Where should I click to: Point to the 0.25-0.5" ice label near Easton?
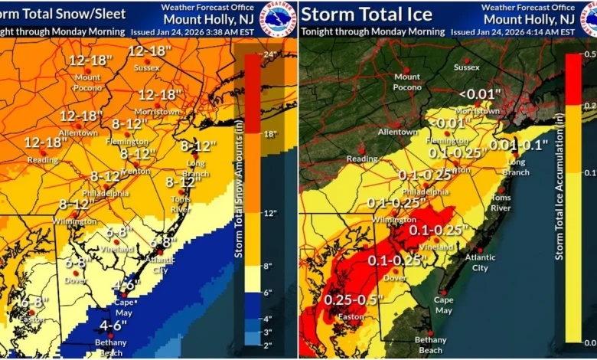[353, 299]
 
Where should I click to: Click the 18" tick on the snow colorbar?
[269, 135]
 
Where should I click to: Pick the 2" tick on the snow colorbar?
[268, 345]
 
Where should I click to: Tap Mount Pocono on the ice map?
[407, 81]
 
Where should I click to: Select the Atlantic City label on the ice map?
[480, 263]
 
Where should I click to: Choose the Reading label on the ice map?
[362, 159]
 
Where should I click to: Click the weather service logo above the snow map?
[278, 18]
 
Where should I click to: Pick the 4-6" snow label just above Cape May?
[126, 284]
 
